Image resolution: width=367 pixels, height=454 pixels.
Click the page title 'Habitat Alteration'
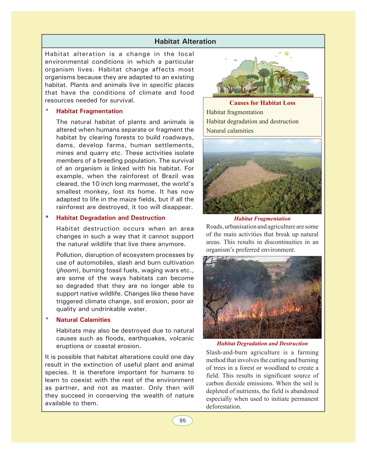(x=185, y=41)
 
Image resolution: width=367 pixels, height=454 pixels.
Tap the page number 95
(x=182, y=421)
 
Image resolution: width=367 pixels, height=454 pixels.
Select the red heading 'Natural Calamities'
(x=83, y=320)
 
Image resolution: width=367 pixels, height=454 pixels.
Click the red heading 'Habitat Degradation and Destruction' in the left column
(x=111, y=218)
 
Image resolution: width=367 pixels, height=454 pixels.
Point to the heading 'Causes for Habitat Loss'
(x=262, y=103)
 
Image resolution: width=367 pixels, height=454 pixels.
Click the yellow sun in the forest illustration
(x=287, y=54)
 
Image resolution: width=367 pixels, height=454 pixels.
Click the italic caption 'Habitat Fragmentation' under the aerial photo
(x=262, y=219)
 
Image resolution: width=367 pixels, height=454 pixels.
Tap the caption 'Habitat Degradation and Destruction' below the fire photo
(x=262, y=343)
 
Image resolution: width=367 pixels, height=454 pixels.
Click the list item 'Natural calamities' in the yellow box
(x=230, y=131)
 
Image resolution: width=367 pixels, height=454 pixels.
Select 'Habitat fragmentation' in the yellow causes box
(x=235, y=112)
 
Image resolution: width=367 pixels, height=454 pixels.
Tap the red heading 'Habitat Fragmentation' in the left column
(x=89, y=111)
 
